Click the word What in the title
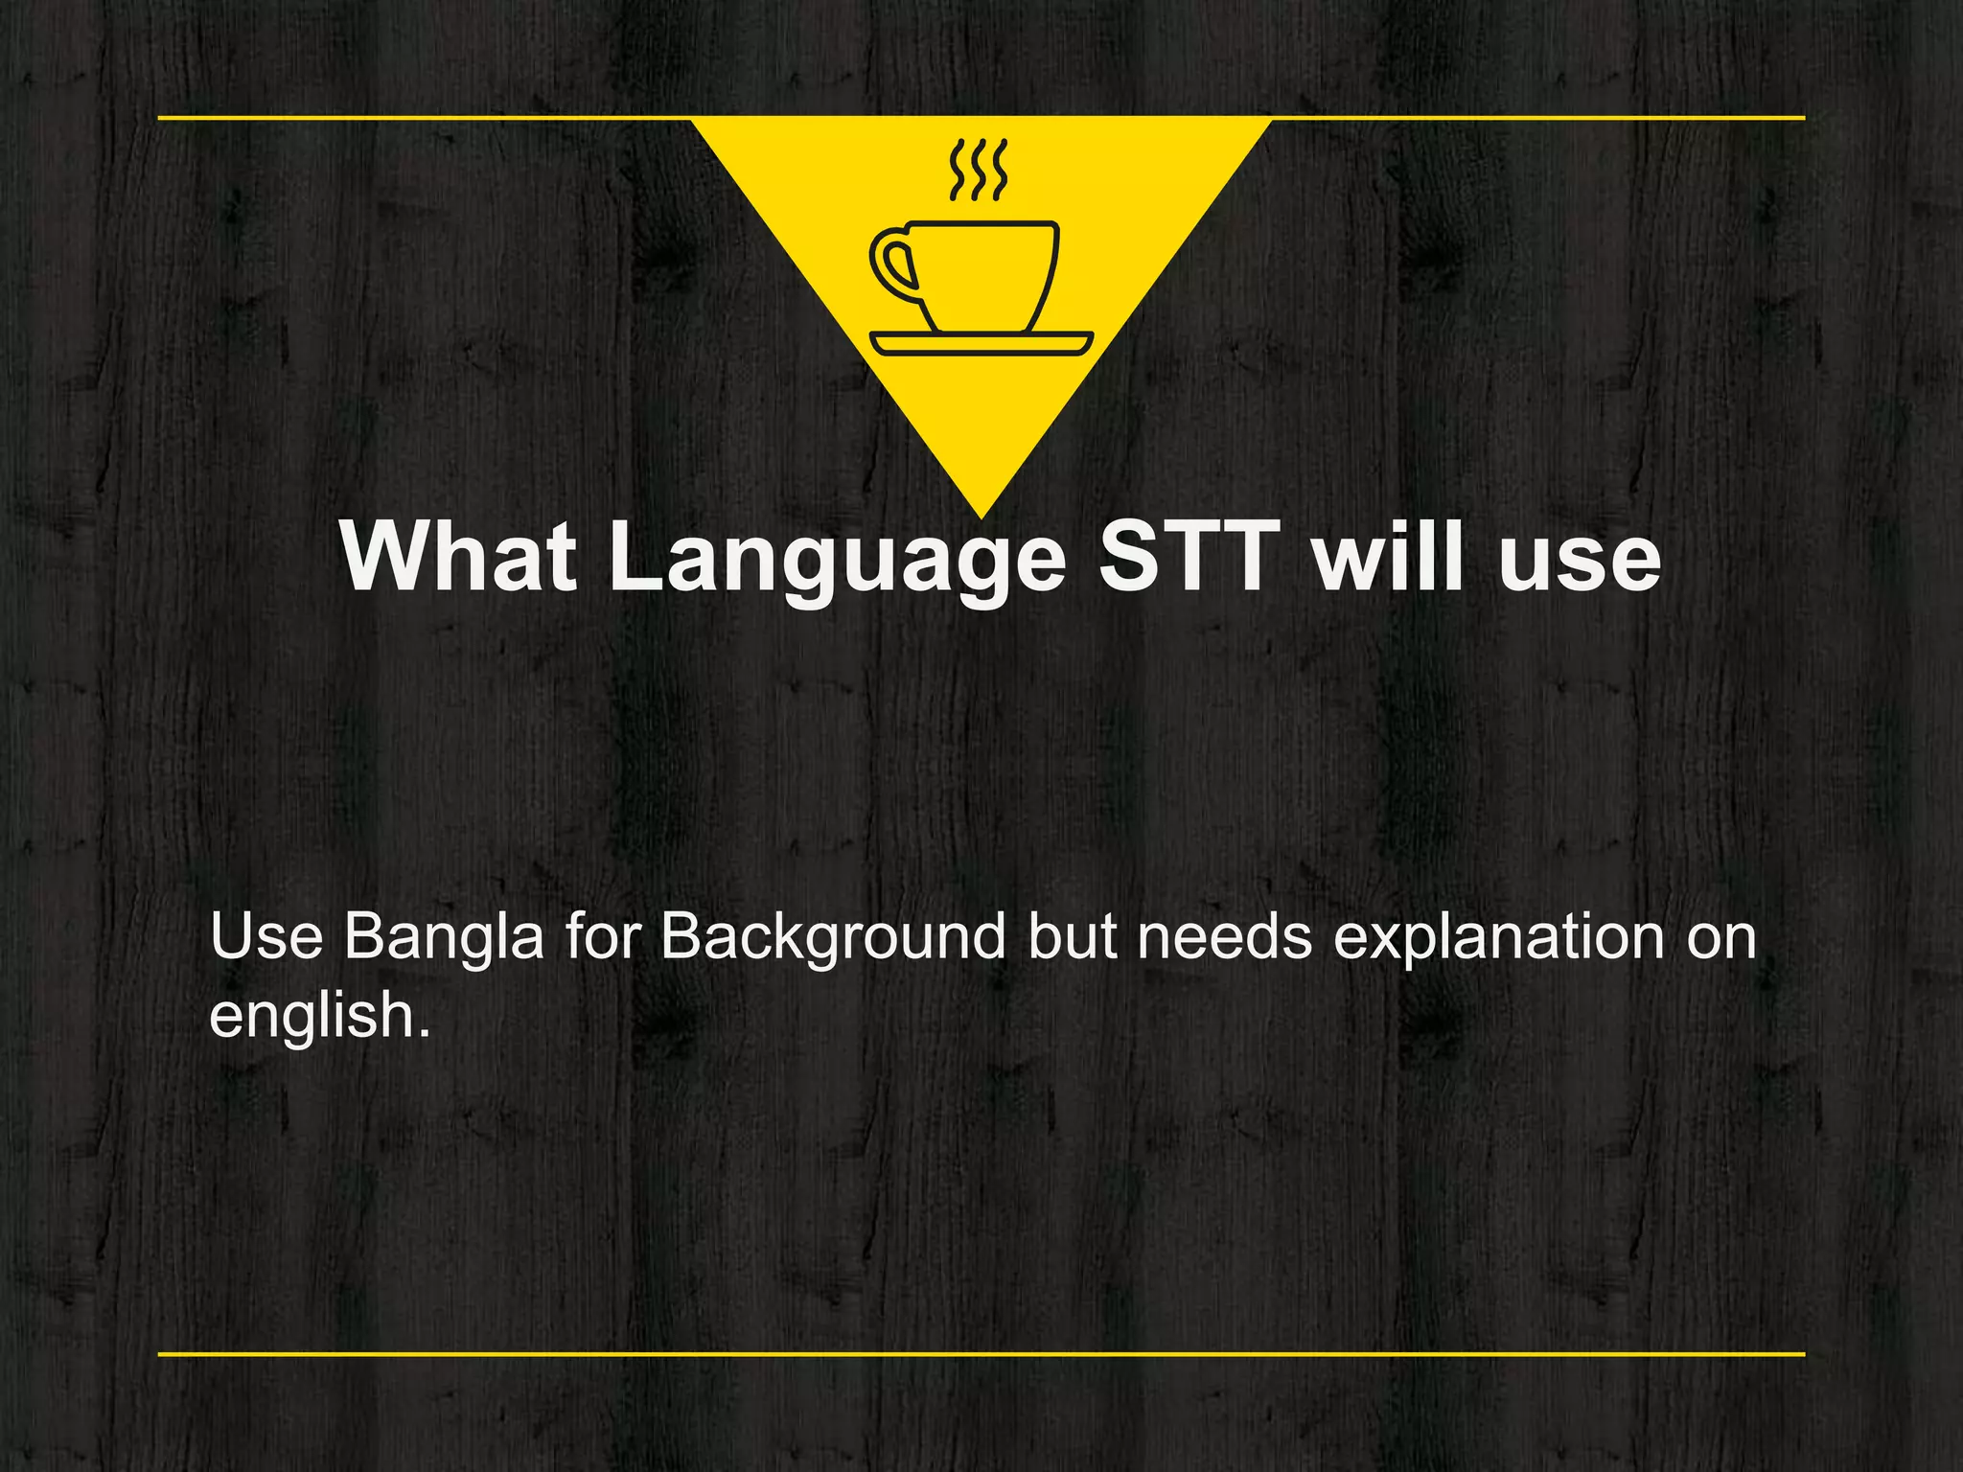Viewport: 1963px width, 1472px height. [458, 558]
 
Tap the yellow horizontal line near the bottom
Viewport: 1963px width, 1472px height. [981, 1354]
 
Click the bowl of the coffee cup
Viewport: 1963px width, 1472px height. [987, 273]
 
